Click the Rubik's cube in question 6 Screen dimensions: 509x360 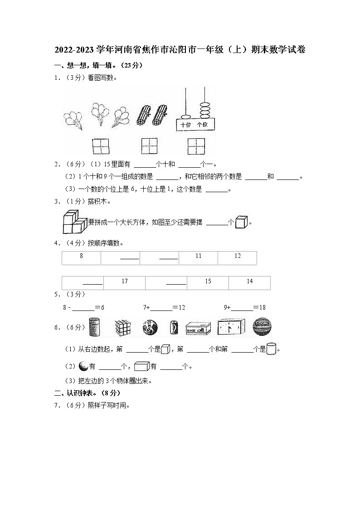(122, 327)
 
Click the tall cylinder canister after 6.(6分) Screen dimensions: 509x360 (94, 327)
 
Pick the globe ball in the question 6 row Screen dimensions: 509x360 (150, 327)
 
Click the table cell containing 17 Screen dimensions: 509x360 (125, 282)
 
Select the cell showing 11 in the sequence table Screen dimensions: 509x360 (198, 257)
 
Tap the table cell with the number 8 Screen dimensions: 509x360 (81, 257)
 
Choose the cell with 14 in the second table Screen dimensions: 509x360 (249, 282)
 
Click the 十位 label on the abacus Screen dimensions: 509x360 (186, 125)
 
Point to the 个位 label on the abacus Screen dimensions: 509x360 (202, 125)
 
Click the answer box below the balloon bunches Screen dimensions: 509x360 (100, 146)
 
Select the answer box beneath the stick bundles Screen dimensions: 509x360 (149, 146)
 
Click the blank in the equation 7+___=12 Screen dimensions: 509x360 (161, 308)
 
